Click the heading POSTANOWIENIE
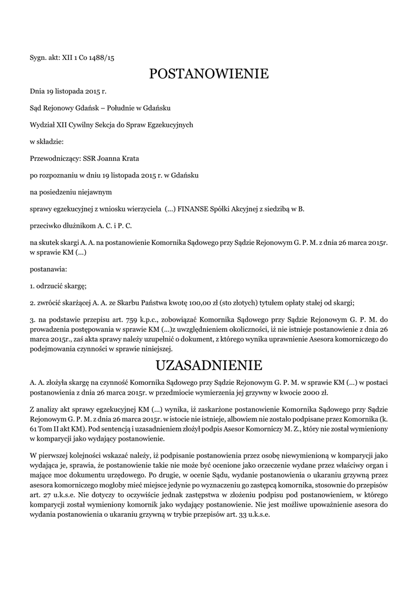(209, 74)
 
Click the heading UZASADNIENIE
(209, 365)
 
